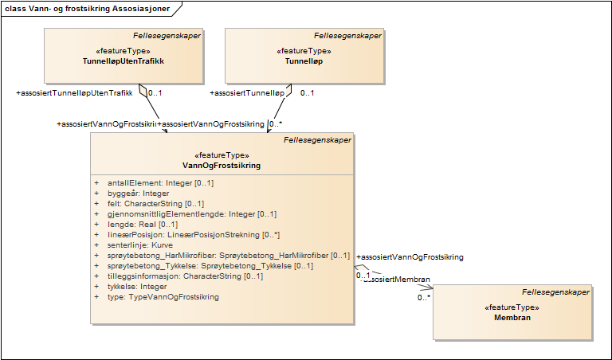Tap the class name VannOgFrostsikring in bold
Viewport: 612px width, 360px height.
(x=222, y=166)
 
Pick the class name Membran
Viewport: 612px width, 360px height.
(x=512, y=317)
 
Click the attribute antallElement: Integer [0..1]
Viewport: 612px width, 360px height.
(x=160, y=183)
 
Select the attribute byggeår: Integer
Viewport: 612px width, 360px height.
(x=139, y=194)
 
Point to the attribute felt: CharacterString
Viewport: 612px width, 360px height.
(x=155, y=204)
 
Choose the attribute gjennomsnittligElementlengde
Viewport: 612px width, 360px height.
(x=192, y=214)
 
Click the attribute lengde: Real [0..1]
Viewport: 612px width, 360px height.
(x=147, y=225)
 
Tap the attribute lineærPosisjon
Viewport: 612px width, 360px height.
(x=194, y=235)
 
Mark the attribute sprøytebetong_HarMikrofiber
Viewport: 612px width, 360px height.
(x=229, y=256)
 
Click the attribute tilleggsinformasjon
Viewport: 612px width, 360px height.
(x=186, y=276)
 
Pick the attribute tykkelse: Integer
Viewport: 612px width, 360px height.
(x=137, y=287)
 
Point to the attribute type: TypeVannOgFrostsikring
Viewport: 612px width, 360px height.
(x=163, y=297)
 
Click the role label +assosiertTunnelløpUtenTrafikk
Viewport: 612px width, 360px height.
(x=74, y=93)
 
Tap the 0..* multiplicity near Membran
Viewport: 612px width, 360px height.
(x=425, y=298)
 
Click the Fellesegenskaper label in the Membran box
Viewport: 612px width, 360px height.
(x=556, y=292)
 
